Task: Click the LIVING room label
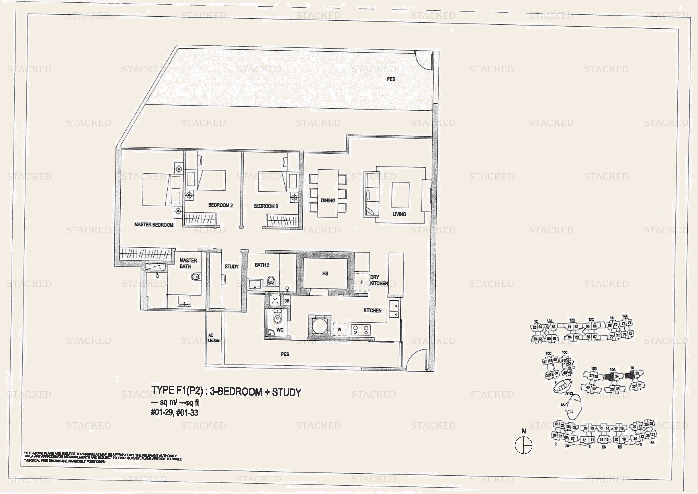coord(399,214)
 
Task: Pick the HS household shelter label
coord(325,274)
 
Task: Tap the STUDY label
coord(231,267)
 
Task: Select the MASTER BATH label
coord(188,263)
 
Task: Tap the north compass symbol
coord(524,445)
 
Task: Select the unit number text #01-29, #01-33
coord(174,413)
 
